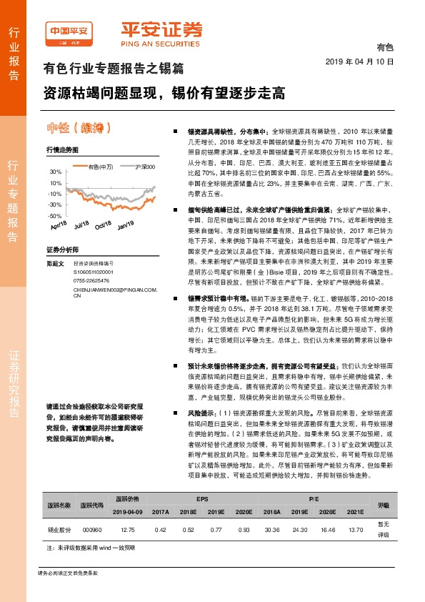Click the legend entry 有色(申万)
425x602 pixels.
[x=101, y=167]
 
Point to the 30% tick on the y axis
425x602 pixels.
[x=56, y=172]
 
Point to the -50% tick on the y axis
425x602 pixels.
[x=55, y=215]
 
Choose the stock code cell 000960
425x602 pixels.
[x=91, y=530]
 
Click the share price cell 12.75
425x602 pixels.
[x=128, y=530]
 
